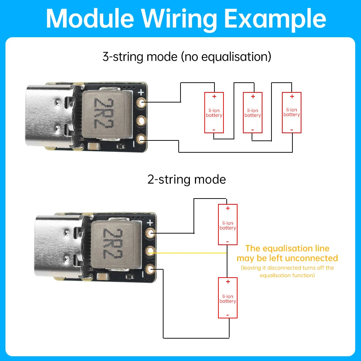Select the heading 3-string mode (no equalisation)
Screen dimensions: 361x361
point(187,57)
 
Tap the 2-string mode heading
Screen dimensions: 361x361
point(187,179)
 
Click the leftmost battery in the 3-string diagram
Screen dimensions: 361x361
point(214,113)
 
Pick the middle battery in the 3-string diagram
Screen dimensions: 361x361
point(253,113)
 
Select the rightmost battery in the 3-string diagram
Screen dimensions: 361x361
point(292,113)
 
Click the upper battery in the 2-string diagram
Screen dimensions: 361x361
point(228,225)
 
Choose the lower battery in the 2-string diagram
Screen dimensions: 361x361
point(228,298)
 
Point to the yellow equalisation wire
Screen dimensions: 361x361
point(188,253)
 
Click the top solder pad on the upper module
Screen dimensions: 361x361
point(141,103)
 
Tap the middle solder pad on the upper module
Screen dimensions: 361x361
point(141,121)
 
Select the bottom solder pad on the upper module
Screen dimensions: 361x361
point(141,139)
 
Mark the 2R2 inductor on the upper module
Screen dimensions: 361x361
point(107,114)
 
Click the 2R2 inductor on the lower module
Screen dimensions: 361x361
point(116,244)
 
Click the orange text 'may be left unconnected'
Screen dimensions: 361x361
point(287,258)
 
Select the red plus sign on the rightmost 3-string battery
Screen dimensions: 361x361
point(292,96)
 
